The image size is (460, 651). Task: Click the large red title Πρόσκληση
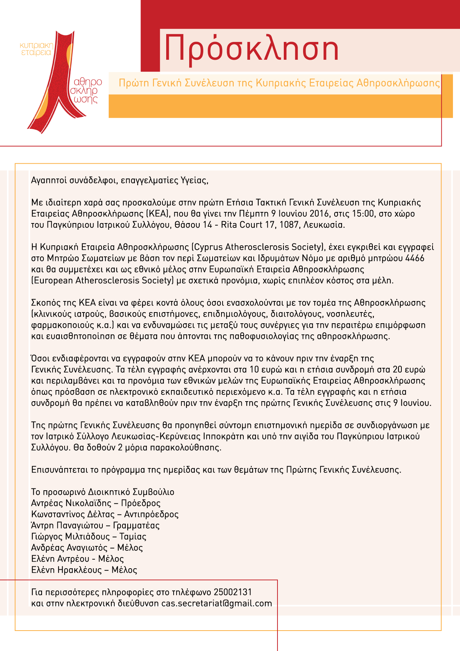coord(252,49)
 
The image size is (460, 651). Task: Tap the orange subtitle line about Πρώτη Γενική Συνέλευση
coord(279,83)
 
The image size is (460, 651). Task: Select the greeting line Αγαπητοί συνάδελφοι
coord(119,181)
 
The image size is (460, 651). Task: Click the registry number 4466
coord(415,258)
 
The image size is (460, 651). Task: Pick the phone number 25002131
coord(233,592)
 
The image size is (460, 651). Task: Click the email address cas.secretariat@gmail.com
coord(216,603)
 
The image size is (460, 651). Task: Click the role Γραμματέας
coord(136,526)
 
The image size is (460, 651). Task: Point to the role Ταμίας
coord(133,537)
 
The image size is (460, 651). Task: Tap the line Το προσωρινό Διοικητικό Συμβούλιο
coord(103,492)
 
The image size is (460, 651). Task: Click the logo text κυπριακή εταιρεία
coord(37,49)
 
